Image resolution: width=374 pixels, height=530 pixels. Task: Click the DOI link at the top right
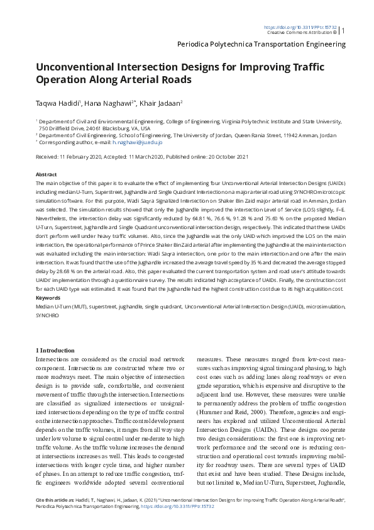click(x=300, y=27)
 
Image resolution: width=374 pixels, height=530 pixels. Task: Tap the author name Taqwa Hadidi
click(x=57, y=103)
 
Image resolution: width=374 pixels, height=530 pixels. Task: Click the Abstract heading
click(x=47, y=174)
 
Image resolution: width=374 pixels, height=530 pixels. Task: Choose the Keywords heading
click(x=48, y=296)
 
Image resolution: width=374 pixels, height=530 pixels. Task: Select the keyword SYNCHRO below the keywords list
click(x=48, y=313)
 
